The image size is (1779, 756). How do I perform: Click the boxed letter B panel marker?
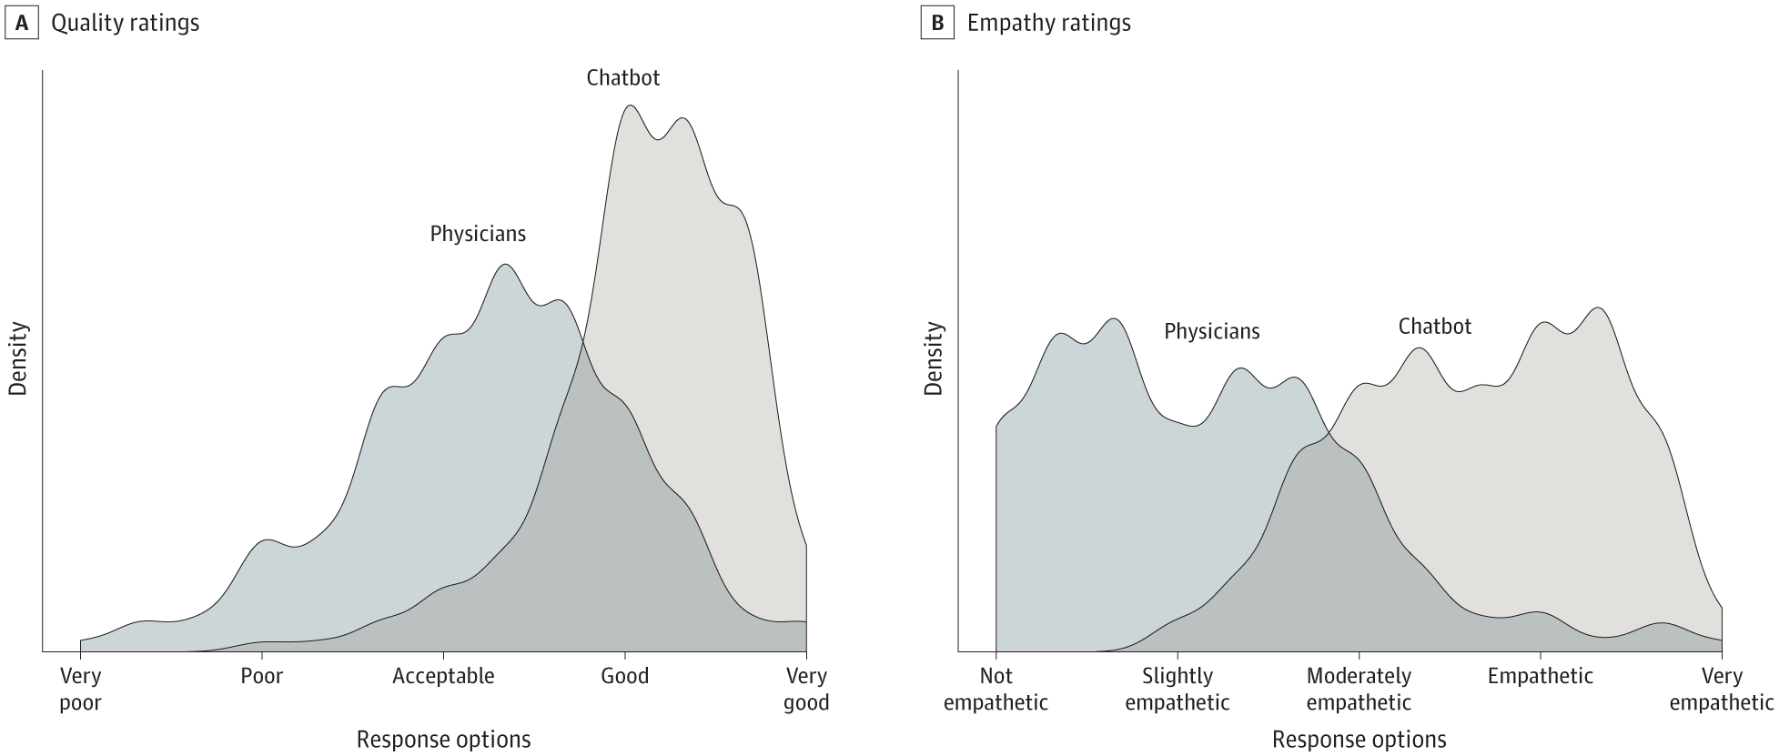(x=937, y=24)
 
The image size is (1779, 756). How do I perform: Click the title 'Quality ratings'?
(x=125, y=24)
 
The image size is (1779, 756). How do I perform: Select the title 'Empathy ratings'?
(x=1048, y=24)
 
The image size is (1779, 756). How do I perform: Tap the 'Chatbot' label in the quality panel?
(x=622, y=78)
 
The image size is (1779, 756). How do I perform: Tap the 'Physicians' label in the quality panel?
(x=478, y=235)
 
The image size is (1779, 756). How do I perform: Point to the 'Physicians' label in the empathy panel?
(x=1211, y=332)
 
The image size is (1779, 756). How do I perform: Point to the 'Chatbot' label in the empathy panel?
(x=1434, y=327)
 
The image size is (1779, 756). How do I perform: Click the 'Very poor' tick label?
(x=80, y=690)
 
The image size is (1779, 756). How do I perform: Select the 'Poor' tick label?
(x=262, y=677)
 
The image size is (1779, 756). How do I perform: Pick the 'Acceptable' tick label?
(x=443, y=677)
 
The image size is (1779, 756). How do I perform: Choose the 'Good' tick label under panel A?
(x=625, y=677)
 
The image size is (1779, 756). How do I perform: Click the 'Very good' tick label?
(x=806, y=690)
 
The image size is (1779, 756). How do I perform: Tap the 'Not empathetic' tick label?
(x=996, y=690)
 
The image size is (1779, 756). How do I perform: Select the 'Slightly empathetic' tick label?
(x=1178, y=690)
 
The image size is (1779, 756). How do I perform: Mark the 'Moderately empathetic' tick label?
(x=1359, y=690)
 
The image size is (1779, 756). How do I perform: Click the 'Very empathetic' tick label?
(x=1721, y=690)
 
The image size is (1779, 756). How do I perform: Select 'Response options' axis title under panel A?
(x=443, y=740)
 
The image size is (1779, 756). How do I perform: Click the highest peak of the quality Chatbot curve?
(x=630, y=106)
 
